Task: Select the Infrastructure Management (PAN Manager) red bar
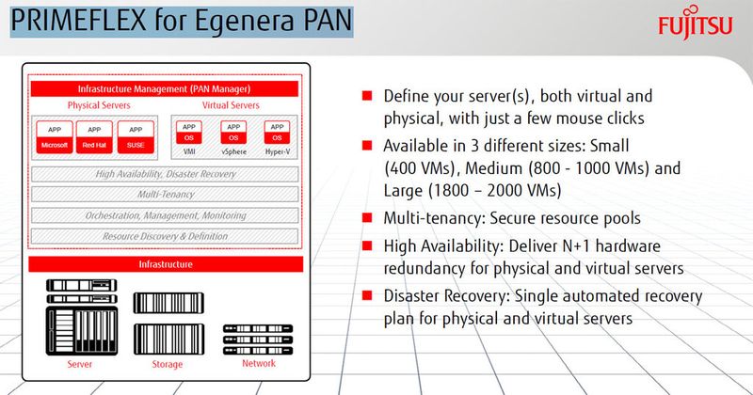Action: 164,88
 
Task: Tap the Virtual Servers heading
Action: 231,104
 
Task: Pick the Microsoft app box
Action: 56,137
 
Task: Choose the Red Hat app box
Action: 95,137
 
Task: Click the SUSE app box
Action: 136,137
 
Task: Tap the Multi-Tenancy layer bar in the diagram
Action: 164,194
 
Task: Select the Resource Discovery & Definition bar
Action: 164,235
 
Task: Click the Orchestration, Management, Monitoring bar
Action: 164,214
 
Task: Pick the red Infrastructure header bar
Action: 164,264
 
